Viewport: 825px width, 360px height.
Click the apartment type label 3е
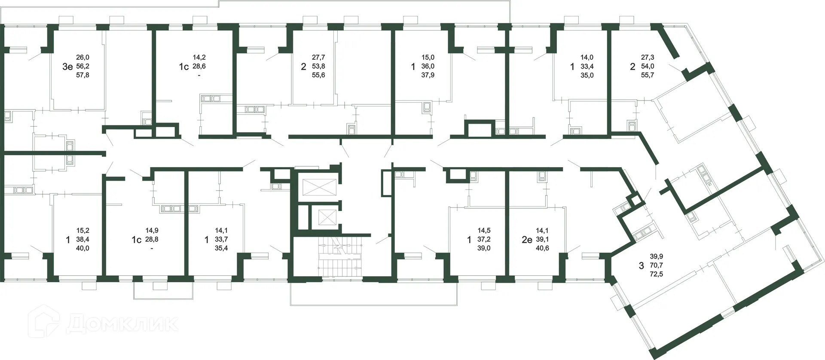tap(67, 67)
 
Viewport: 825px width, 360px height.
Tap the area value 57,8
tap(82, 75)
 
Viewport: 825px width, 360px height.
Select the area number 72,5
tap(656, 274)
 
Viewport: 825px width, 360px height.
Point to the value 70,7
tap(656, 265)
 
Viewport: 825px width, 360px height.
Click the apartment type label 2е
tap(527, 240)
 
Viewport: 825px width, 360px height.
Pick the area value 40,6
tap(542, 248)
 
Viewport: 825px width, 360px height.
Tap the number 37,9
tap(428, 75)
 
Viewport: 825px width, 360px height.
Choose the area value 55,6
tap(318, 75)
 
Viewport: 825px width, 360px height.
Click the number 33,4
tap(587, 67)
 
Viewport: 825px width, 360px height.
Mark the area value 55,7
tap(647, 75)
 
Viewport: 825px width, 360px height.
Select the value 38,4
tap(82, 240)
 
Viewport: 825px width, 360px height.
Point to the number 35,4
tap(221, 248)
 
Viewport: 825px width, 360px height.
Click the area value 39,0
tap(484, 248)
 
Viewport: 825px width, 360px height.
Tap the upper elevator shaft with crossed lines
tap(318, 187)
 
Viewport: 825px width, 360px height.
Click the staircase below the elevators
tap(340, 256)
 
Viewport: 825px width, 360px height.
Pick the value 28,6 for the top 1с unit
tap(199, 67)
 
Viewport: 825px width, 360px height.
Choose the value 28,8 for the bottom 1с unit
tap(152, 240)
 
